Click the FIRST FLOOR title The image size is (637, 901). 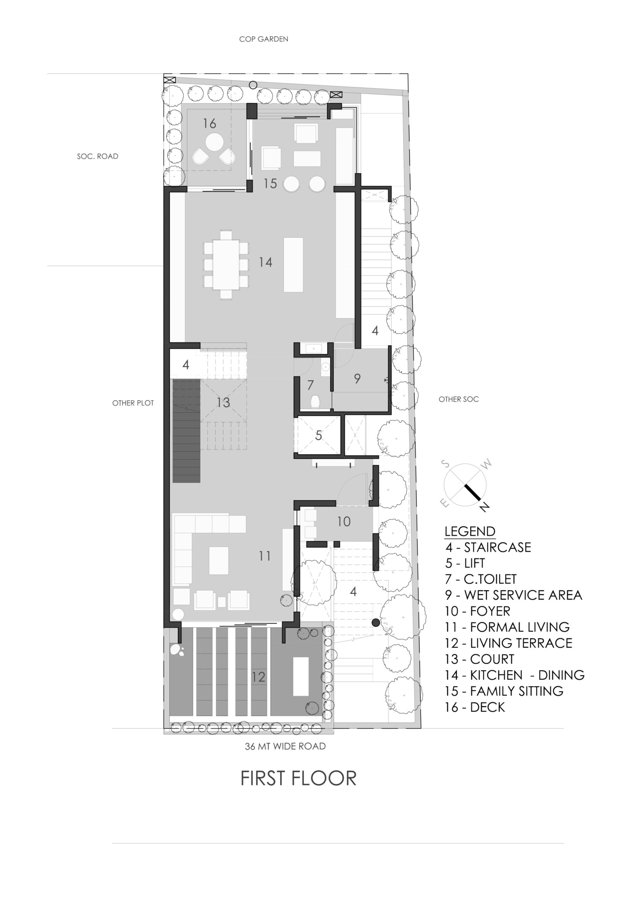(x=298, y=778)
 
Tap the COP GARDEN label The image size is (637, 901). (x=263, y=39)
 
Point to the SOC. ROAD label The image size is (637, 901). (x=98, y=156)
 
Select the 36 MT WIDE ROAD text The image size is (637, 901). (x=285, y=746)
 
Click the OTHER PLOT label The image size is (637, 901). (x=133, y=403)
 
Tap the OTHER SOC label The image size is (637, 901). (x=459, y=399)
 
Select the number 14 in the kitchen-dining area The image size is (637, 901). (x=266, y=262)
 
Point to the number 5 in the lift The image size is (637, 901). (x=318, y=435)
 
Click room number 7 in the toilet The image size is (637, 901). (x=310, y=385)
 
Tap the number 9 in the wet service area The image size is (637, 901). (x=357, y=378)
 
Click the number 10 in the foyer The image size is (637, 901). (x=344, y=522)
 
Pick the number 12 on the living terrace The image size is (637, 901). (x=258, y=677)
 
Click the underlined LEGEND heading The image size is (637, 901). (x=470, y=531)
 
